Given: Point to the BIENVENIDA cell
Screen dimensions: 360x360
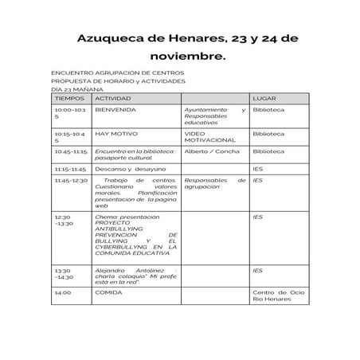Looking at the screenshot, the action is point(115,108).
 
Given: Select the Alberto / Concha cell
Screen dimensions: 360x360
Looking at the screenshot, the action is point(206,151).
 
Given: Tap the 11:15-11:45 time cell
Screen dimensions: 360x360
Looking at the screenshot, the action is point(70,169).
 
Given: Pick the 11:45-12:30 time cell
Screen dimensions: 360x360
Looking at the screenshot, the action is point(71,180).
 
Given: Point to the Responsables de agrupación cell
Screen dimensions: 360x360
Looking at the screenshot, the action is point(213,183).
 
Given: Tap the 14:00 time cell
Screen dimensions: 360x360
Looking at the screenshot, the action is point(62,292).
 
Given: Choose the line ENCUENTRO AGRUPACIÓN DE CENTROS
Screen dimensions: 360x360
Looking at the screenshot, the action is point(117,72).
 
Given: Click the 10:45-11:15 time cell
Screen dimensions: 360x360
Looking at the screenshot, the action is point(71,151).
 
